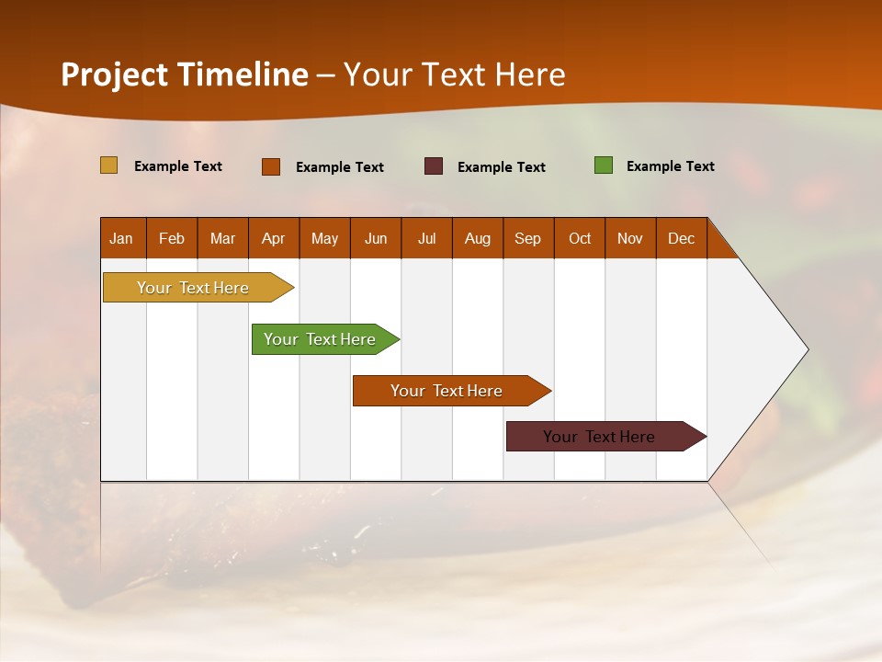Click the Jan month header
(121, 238)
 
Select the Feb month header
(172, 238)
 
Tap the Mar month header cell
(222, 238)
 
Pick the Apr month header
(274, 238)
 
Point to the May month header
(324, 238)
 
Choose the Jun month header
(376, 238)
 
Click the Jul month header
(426, 238)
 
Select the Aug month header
(478, 238)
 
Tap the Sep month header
(528, 238)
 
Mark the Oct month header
(580, 238)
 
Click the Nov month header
(630, 238)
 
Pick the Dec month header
(682, 238)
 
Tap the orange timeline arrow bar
(447, 391)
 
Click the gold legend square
(109, 165)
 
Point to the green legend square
(604, 165)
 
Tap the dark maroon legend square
(434, 166)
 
